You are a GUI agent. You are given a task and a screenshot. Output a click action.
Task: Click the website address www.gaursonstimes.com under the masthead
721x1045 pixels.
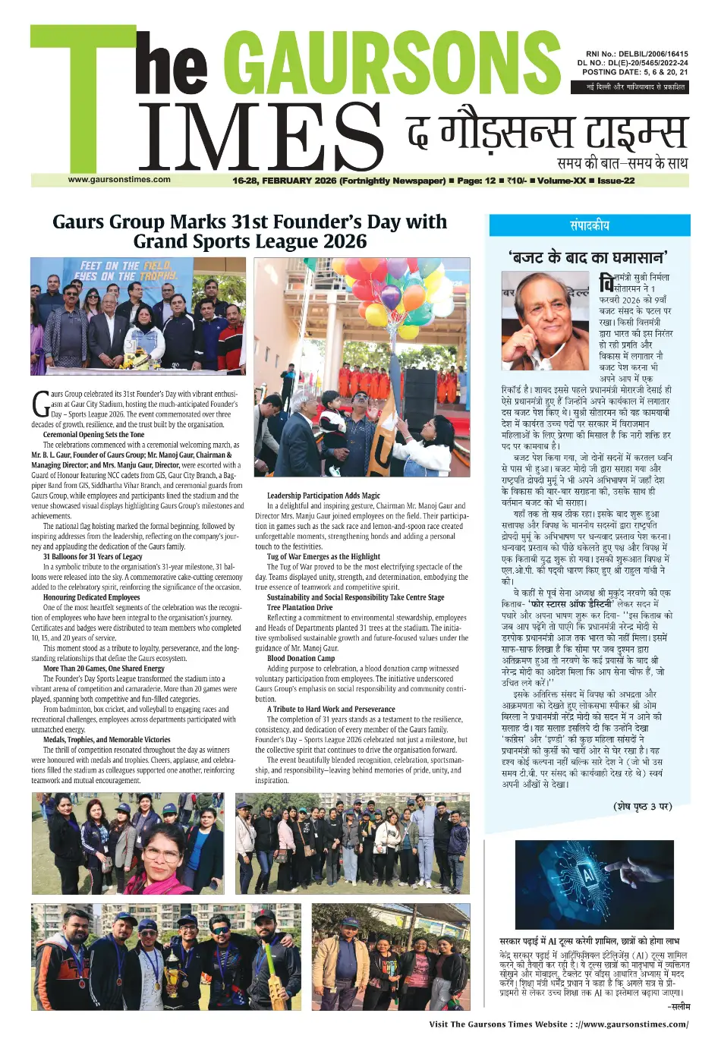tap(119, 180)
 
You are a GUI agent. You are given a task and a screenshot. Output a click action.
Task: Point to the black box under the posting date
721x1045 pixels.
tap(630, 87)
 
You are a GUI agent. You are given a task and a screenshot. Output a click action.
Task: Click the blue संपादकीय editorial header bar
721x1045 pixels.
tap(589, 225)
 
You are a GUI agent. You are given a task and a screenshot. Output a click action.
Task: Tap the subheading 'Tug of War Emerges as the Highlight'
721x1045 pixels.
tap(323, 556)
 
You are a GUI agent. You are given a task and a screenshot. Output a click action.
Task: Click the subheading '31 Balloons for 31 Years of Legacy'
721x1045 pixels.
tap(93, 556)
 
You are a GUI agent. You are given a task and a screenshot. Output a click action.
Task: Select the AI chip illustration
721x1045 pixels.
tap(593, 885)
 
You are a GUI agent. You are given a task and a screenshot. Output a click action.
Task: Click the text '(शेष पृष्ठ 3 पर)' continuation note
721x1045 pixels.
tap(642, 806)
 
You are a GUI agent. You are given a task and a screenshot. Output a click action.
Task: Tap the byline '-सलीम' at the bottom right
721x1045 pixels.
tap(678, 1006)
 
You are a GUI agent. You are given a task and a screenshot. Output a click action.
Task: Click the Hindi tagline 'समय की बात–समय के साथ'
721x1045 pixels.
tap(622, 163)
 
